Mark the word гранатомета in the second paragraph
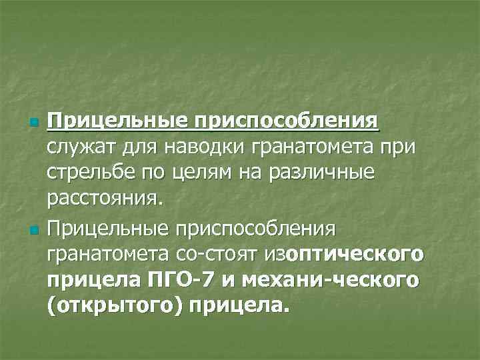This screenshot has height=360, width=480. click(x=108, y=254)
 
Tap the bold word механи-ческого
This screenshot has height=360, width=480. click(x=326, y=280)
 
